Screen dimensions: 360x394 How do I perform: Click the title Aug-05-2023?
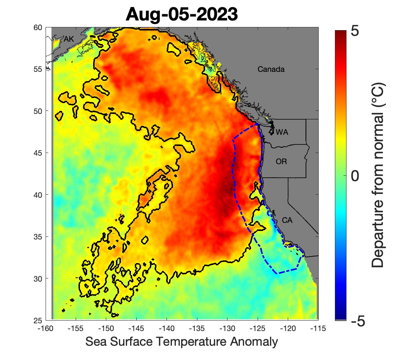tap(181, 14)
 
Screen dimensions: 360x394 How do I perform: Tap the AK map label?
tap(68, 39)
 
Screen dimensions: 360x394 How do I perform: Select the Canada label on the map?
tap(271, 70)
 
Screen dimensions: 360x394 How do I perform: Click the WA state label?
tap(282, 132)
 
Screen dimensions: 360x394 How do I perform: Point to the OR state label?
tap(281, 161)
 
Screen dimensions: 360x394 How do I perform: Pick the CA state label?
tap(287, 221)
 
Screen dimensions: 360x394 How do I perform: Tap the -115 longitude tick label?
tap(318, 328)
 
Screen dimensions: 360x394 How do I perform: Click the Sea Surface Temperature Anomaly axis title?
tap(182, 342)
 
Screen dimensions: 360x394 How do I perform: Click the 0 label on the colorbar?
tap(356, 176)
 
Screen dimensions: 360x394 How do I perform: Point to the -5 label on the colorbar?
tap(358, 320)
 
